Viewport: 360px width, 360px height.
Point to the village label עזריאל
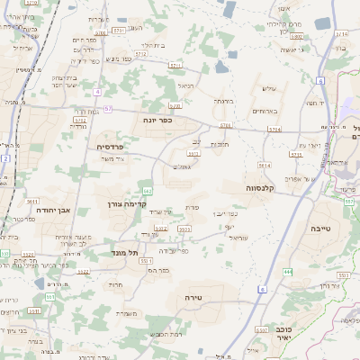tap(237, 237)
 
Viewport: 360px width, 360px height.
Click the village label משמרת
tap(127, 313)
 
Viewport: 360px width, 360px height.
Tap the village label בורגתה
tap(223, 101)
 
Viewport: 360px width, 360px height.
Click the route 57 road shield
tap(108, 109)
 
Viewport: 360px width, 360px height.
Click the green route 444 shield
tap(287, 271)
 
